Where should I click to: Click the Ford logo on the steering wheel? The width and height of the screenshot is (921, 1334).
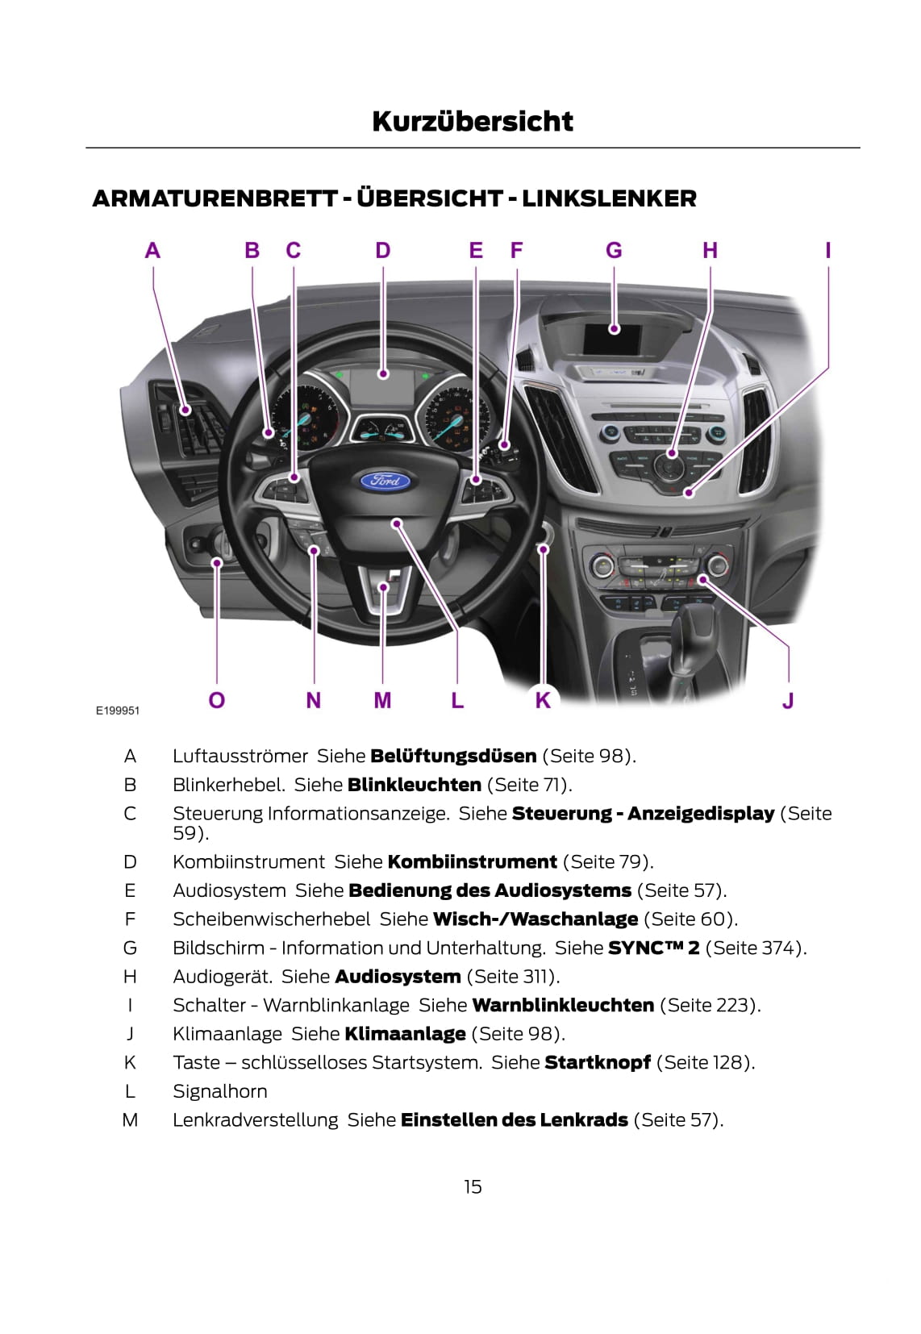[x=385, y=480]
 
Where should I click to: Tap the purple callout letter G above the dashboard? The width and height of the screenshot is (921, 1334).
[x=614, y=250]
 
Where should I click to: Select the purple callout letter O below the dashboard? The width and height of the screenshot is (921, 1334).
[x=217, y=700]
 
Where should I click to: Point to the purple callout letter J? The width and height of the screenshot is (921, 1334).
[x=788, y=700]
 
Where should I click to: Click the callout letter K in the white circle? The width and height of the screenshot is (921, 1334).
[x=543, y=700]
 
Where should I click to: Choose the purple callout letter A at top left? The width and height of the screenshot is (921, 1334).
[x=153, y=250]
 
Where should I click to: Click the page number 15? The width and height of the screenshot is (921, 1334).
[x=473, y=1187]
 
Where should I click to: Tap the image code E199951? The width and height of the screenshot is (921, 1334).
[x=118, y=711]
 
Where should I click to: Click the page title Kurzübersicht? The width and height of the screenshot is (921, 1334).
[x=473, y=122]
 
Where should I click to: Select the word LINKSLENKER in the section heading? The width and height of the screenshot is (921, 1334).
[x=609, y=198]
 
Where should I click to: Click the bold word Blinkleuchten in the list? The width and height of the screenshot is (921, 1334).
[x=415, y=785]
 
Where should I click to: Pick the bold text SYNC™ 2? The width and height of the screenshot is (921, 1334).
[x=654, y=948]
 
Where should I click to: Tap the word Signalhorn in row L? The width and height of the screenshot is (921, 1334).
[x=220, y=1091]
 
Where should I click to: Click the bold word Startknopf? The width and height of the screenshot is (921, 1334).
[x=598, y=1062]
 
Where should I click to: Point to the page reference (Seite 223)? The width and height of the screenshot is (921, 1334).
[x=711, y=1005]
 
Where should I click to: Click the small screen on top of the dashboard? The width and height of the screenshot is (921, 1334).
[x=612, y=338]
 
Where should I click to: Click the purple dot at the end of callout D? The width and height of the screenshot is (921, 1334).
[x=383, y=374]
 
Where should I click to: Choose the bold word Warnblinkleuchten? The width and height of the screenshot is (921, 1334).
[x=563, y=1005]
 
